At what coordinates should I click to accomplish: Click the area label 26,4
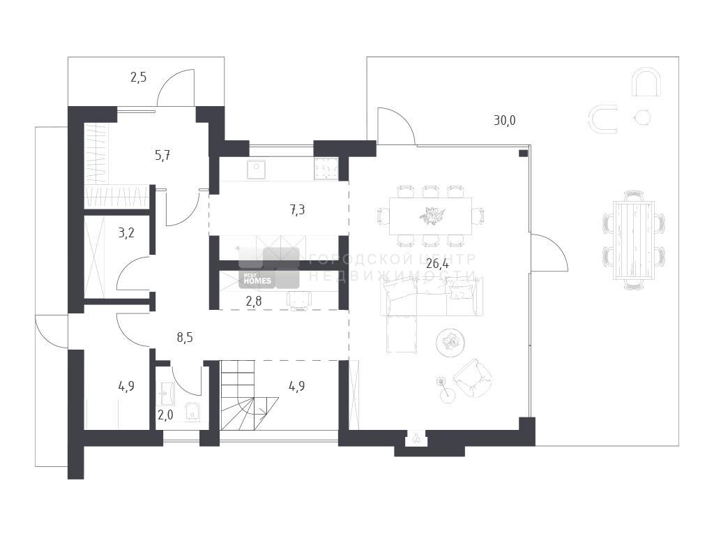(437, 263)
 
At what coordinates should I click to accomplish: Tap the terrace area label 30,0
(505, 121)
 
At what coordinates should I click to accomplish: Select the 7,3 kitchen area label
(297, 210)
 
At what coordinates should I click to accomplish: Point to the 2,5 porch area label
(139, 77)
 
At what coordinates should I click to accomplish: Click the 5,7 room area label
(162, 156)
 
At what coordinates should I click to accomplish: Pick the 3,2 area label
(126, 233)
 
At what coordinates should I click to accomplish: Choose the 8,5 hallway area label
(185, 338)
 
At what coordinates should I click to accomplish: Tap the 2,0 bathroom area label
(165, 415)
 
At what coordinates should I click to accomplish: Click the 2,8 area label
(254, 301)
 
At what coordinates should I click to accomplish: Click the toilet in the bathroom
(192, 411)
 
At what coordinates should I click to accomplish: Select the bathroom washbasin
(167, 394)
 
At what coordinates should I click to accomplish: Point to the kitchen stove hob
(326, 169)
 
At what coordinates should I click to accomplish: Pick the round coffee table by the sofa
(450, 341)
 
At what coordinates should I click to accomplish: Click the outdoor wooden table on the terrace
(633, 240)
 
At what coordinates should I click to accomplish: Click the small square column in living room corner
(523, 153)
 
